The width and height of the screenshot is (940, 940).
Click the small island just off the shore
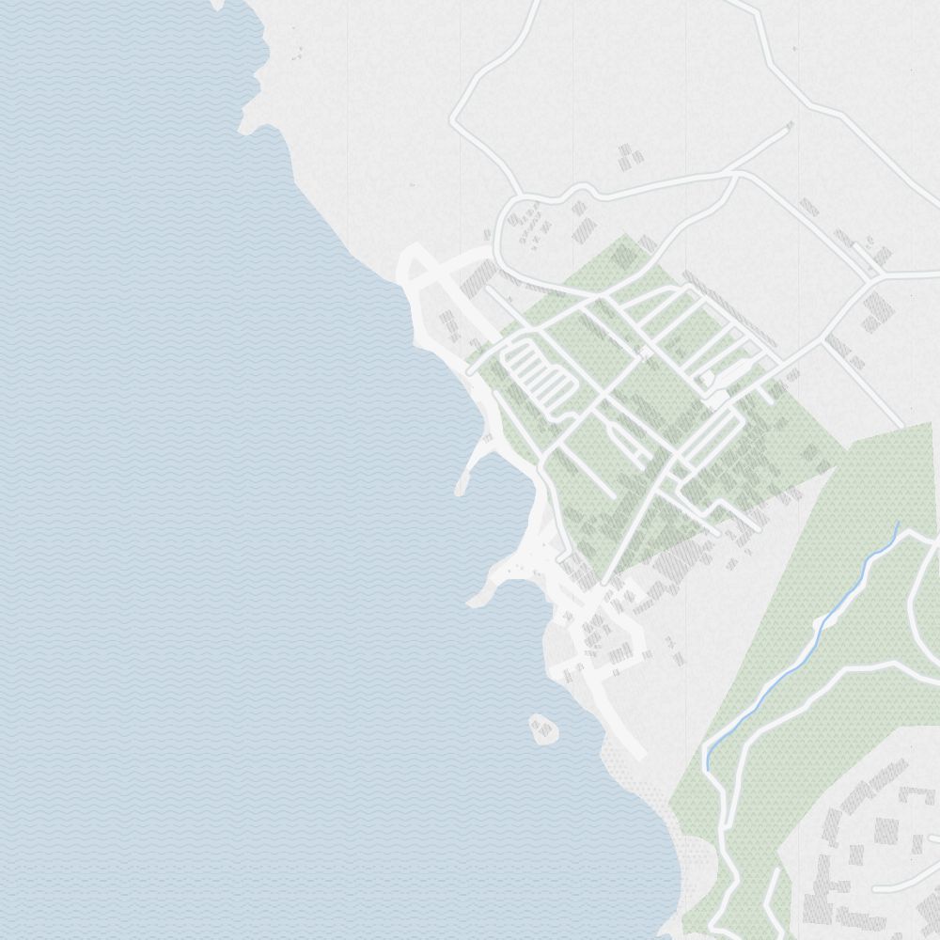[x=543, y=728]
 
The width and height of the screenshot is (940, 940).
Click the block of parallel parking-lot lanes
[x=536, y=376]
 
